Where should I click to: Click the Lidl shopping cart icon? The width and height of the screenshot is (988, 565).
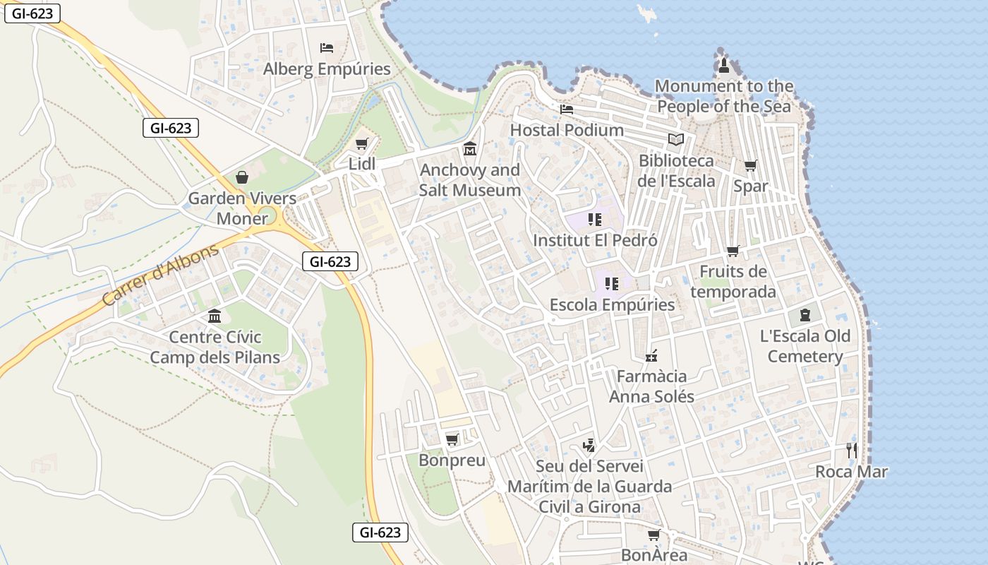(362, 144)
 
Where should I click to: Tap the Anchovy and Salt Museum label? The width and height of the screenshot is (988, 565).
(469, 180)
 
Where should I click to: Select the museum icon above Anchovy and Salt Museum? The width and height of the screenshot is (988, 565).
(470, 149)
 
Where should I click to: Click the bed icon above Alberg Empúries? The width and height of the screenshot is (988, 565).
(327, 48)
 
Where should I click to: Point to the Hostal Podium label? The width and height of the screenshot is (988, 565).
(567, 130)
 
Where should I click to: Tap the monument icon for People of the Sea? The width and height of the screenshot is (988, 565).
(724, 66)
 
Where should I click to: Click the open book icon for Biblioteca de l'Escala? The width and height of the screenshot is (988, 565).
(676, 139)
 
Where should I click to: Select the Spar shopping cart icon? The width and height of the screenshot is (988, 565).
(751, 166)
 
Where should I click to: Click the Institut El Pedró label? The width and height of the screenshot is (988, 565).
(595, 240)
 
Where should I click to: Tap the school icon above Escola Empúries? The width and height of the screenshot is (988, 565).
(612, 284)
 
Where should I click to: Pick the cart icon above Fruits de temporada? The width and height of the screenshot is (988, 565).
(733, 251)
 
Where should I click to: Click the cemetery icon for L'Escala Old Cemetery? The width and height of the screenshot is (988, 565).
(805, 315)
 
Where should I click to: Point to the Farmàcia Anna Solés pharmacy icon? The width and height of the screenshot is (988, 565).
(651, 355)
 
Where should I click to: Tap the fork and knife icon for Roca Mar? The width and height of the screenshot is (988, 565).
(852, 450)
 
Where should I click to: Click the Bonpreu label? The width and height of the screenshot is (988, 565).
(452, 460)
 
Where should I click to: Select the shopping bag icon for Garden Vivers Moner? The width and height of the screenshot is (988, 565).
(242, 177)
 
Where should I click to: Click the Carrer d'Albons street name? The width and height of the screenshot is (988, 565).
(160, 275)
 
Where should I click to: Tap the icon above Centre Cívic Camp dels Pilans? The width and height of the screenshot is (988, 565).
(215, 316)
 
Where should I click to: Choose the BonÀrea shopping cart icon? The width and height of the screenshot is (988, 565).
(654, 535)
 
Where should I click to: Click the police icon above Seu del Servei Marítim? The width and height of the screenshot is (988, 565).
(589, 445)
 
